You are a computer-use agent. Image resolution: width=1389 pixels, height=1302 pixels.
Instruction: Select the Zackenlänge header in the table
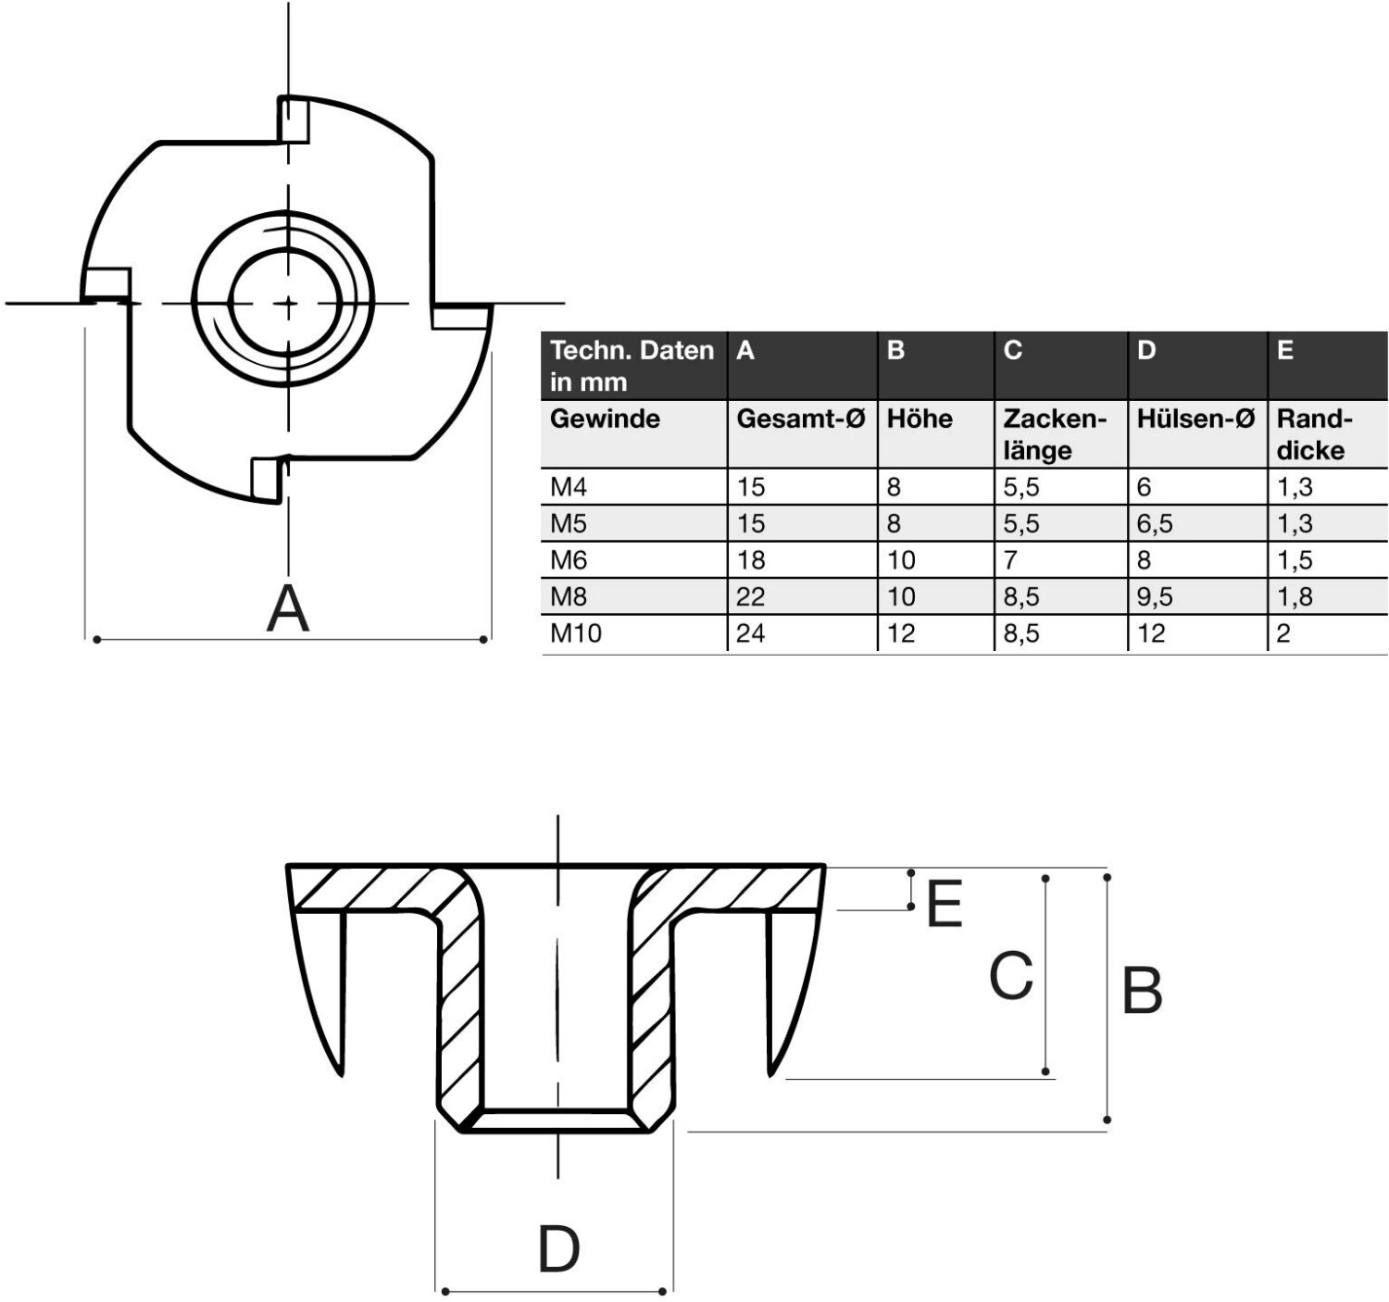[1054, 433]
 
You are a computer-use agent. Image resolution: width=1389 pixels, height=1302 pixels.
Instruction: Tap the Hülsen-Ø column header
[1195, 419]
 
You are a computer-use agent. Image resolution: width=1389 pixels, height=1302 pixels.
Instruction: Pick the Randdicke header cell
[1313, 433]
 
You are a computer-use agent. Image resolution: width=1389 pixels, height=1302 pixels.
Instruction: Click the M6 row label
[568, 559]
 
